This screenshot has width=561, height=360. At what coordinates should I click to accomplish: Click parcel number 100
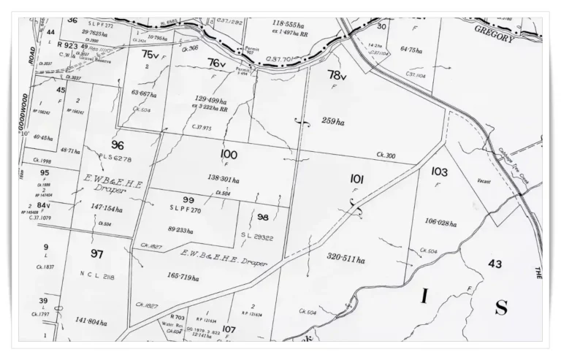(229, 154)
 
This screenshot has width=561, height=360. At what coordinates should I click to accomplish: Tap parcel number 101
(356, 178)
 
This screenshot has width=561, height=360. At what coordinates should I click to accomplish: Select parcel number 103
(439, 172)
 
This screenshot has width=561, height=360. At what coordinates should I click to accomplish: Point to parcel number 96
(118, 145)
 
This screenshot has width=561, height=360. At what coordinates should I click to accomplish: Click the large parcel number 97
(96, 253)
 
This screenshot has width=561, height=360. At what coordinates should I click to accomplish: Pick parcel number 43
(495, 263)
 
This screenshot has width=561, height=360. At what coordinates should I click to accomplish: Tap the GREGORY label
(495, 33)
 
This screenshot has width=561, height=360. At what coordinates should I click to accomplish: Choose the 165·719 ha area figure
(183, 278)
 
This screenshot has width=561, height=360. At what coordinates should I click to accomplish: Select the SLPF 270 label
(187, 210)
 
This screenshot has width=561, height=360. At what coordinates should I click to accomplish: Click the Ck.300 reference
(386, 156)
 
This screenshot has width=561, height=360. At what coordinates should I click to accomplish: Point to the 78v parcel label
(336, 75)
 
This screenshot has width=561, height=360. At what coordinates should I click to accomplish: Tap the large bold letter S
(501, 307)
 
